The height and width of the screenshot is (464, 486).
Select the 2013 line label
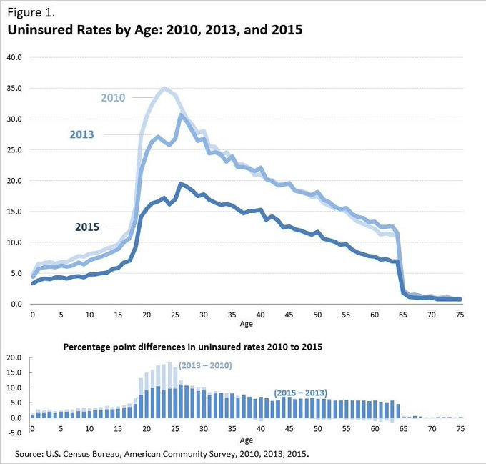(82, 134)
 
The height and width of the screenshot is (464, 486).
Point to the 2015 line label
(88, 227)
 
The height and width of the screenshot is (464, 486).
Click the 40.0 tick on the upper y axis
(15, 57)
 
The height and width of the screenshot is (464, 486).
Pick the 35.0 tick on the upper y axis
(15, 88)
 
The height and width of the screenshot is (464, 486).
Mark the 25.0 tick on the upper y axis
(15, 149)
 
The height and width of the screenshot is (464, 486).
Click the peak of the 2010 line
(164, 89)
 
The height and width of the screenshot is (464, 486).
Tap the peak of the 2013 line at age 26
(181, 115)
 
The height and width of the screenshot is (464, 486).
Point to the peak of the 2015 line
(181, 184)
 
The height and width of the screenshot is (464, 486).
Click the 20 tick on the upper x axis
(146, 314)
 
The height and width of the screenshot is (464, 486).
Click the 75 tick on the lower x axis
(461, 429)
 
